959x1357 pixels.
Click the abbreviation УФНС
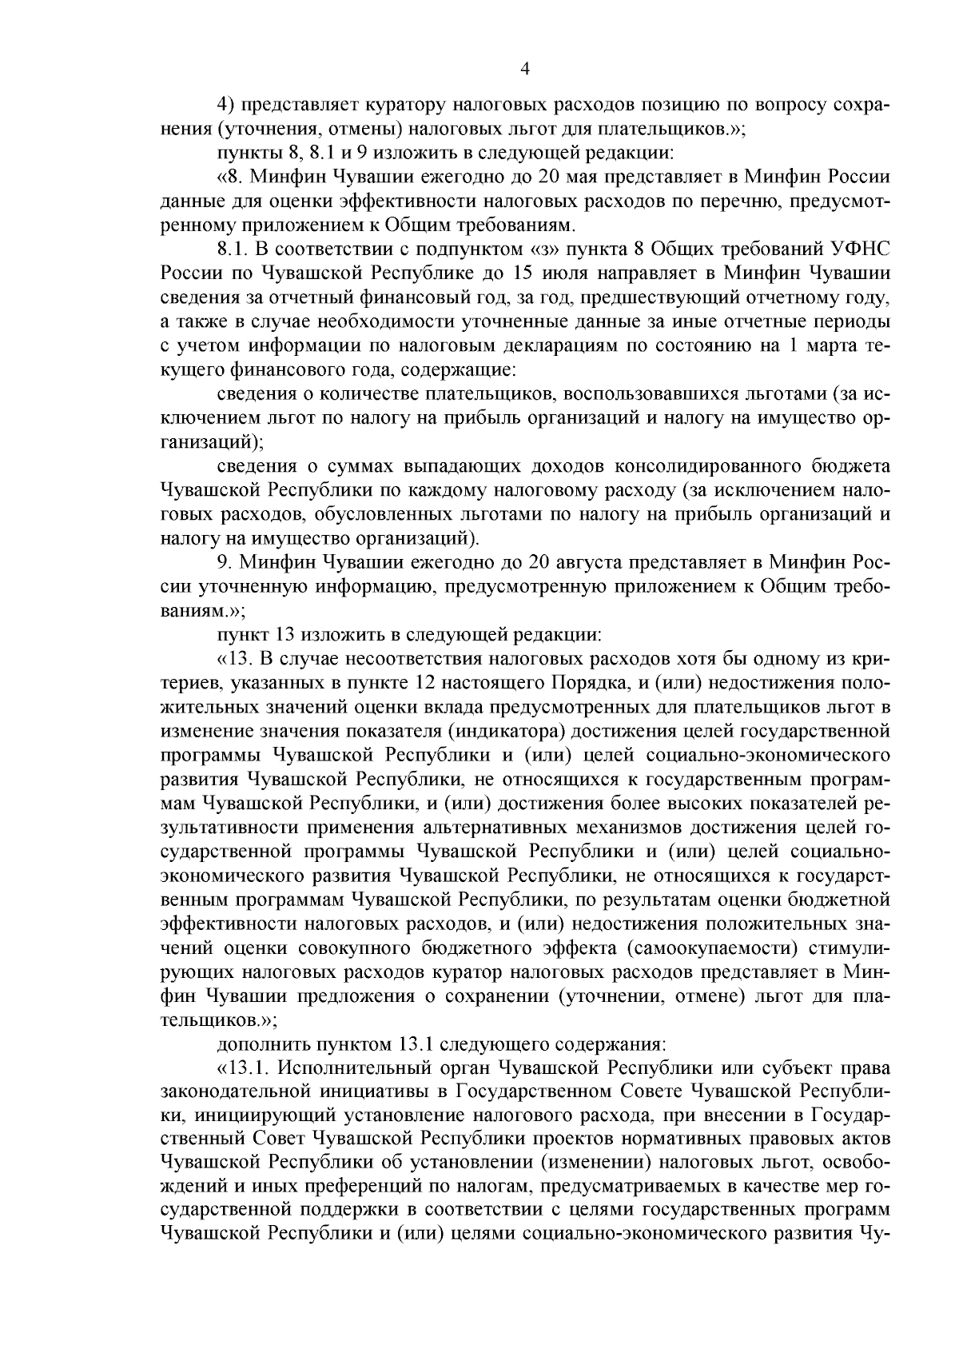(x=861, y=249)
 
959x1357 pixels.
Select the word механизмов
(x=686, y=828)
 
